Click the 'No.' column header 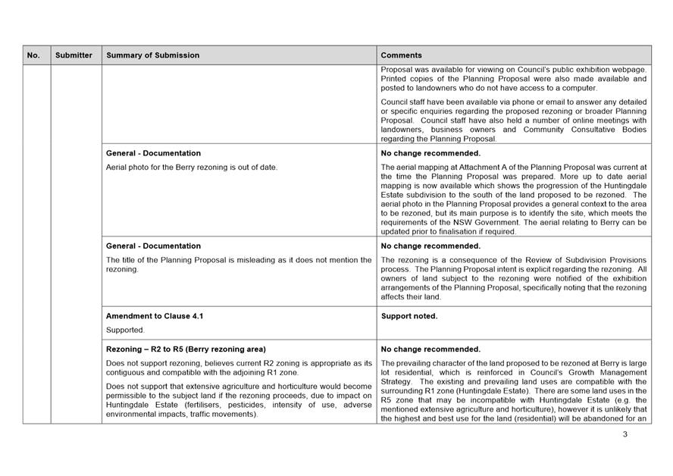point(33,55)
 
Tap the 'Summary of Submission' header point(153,55)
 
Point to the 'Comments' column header point(402,55)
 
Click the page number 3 point(625,434)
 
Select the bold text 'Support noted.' point(409,316)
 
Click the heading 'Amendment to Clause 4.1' point(155,316)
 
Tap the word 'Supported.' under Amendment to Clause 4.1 point(125,330)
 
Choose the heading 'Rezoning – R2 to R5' point(186,349)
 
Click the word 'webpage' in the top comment point(630,69)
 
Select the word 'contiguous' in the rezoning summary point(127,372)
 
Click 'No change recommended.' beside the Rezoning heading point(430,349)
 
